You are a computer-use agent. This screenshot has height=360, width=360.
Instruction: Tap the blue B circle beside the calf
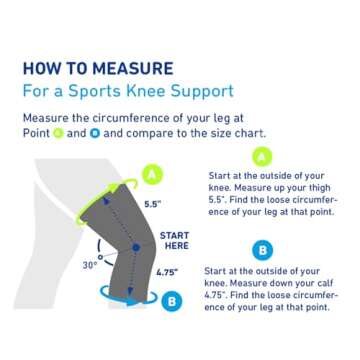point(171,299)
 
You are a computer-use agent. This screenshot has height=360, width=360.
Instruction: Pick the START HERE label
point(175,241)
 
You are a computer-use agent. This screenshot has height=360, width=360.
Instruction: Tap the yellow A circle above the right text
point(261,156)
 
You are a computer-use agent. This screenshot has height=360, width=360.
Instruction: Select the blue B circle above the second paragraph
point(262,247)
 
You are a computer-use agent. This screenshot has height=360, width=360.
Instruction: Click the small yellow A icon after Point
point(57,133)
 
